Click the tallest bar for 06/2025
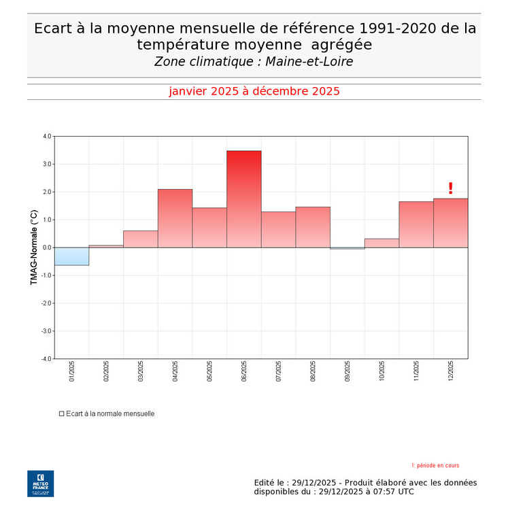[x=243, y=199]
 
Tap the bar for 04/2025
[x=175, y=218]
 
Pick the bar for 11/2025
[x=416, y=224]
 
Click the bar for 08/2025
[x=313, y=227]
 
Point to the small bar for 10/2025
[x=382, y=243]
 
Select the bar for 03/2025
[x=140, y=239]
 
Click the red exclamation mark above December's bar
[x=450, y=188]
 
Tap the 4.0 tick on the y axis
[x=46, y=136]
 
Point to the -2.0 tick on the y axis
[x=46, y=303]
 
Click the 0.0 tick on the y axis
[x=46, y=248]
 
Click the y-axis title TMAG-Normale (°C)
[x=34, y=247]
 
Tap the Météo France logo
[x=40, y=484]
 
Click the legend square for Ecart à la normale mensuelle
[x=61, y=413]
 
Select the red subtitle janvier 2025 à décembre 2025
[x=254, y=91]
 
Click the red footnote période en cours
[x=436, y=466]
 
